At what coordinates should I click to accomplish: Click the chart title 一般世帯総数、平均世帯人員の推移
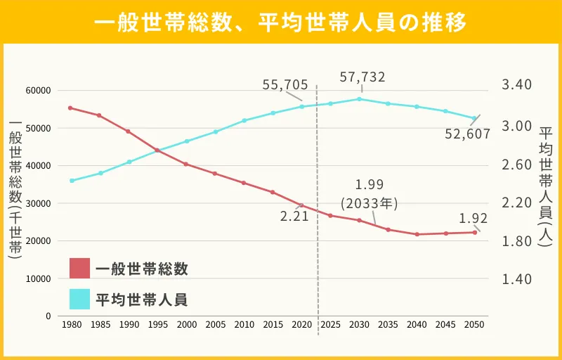click(x=281, y=22)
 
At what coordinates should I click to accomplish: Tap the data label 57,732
click(x=362, y=77)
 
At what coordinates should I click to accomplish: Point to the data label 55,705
click(x=285, y=85)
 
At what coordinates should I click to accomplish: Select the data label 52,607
click(x=467, y=134)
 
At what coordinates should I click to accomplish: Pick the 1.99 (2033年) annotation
click(x=370, y=195)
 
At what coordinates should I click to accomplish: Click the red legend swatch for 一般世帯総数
click(x=79, y=269)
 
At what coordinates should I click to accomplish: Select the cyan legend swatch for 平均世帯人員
click(x=79, y=300)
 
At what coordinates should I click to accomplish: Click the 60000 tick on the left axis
click(x=39, y=91)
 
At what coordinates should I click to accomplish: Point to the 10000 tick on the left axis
click(x=39, y=278)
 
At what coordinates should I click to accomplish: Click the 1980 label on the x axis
click(x=70, y=325)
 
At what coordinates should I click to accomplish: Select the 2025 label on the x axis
click(x=329, y=325)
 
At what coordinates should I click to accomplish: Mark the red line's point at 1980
click(x=70, y=108)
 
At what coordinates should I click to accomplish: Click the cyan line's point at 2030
click(x=359, y=98)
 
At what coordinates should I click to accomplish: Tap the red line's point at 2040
click(x=417, y=234)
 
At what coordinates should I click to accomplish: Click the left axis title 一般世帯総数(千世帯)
click(x=15, y=190)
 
